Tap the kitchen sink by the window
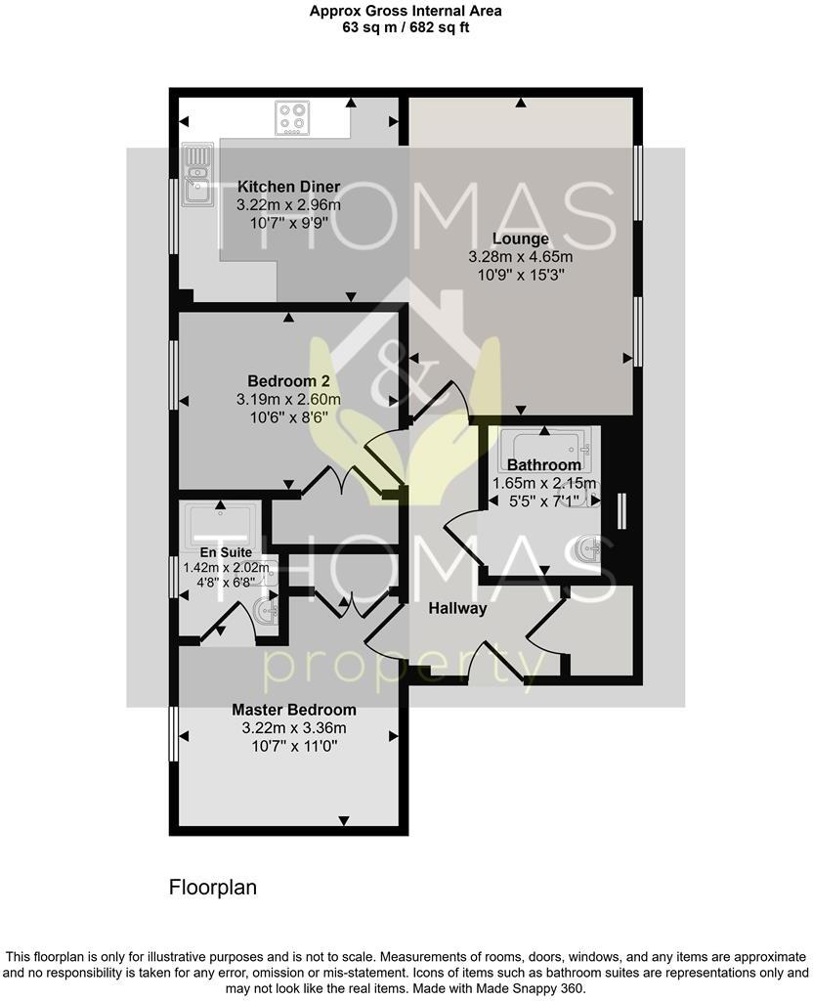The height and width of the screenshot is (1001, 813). point(196,175)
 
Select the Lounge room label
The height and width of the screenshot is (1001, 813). point(521,239)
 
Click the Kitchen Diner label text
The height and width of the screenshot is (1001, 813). point(289,187)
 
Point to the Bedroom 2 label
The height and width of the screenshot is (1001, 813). point(288,381)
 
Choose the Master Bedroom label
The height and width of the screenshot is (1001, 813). point(294,710)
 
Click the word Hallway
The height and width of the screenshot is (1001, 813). point(457,608)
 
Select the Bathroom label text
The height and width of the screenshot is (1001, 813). point(544,465)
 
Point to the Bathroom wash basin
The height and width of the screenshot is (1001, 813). point(589,548)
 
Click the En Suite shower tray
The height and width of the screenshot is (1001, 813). point(225,523)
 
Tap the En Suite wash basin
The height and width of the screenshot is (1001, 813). point(266,611)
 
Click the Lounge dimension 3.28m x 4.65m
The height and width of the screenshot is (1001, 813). point(520,257)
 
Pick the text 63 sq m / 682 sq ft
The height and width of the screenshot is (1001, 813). point(406,27)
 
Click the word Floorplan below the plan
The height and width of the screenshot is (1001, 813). point(212,888)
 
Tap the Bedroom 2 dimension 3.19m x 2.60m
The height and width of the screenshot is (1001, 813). point(288,399)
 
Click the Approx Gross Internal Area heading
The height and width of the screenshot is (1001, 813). point(406,11)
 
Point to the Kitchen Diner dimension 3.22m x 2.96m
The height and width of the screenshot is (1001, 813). point(288,205)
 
